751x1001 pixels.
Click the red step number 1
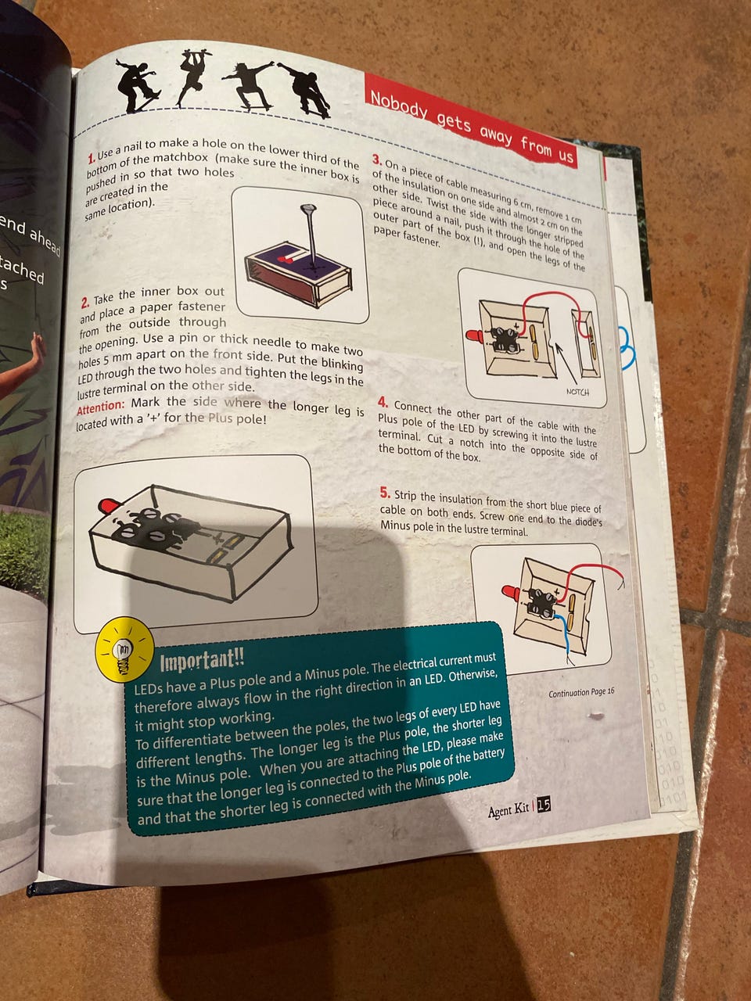click(92, 158)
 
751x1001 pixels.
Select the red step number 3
click(376, 160)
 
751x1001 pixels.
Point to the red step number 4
click(383, 403)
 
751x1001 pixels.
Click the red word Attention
click(100, 407)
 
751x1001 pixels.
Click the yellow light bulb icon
click(125, 649)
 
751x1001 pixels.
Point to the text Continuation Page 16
click(581, 693)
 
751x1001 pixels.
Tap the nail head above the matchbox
click(308, 208)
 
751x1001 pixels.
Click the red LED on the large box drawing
click(108, 504)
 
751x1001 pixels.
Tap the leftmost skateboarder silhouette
click(138, 86)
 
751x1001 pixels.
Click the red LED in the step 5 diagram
click(511, 594)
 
